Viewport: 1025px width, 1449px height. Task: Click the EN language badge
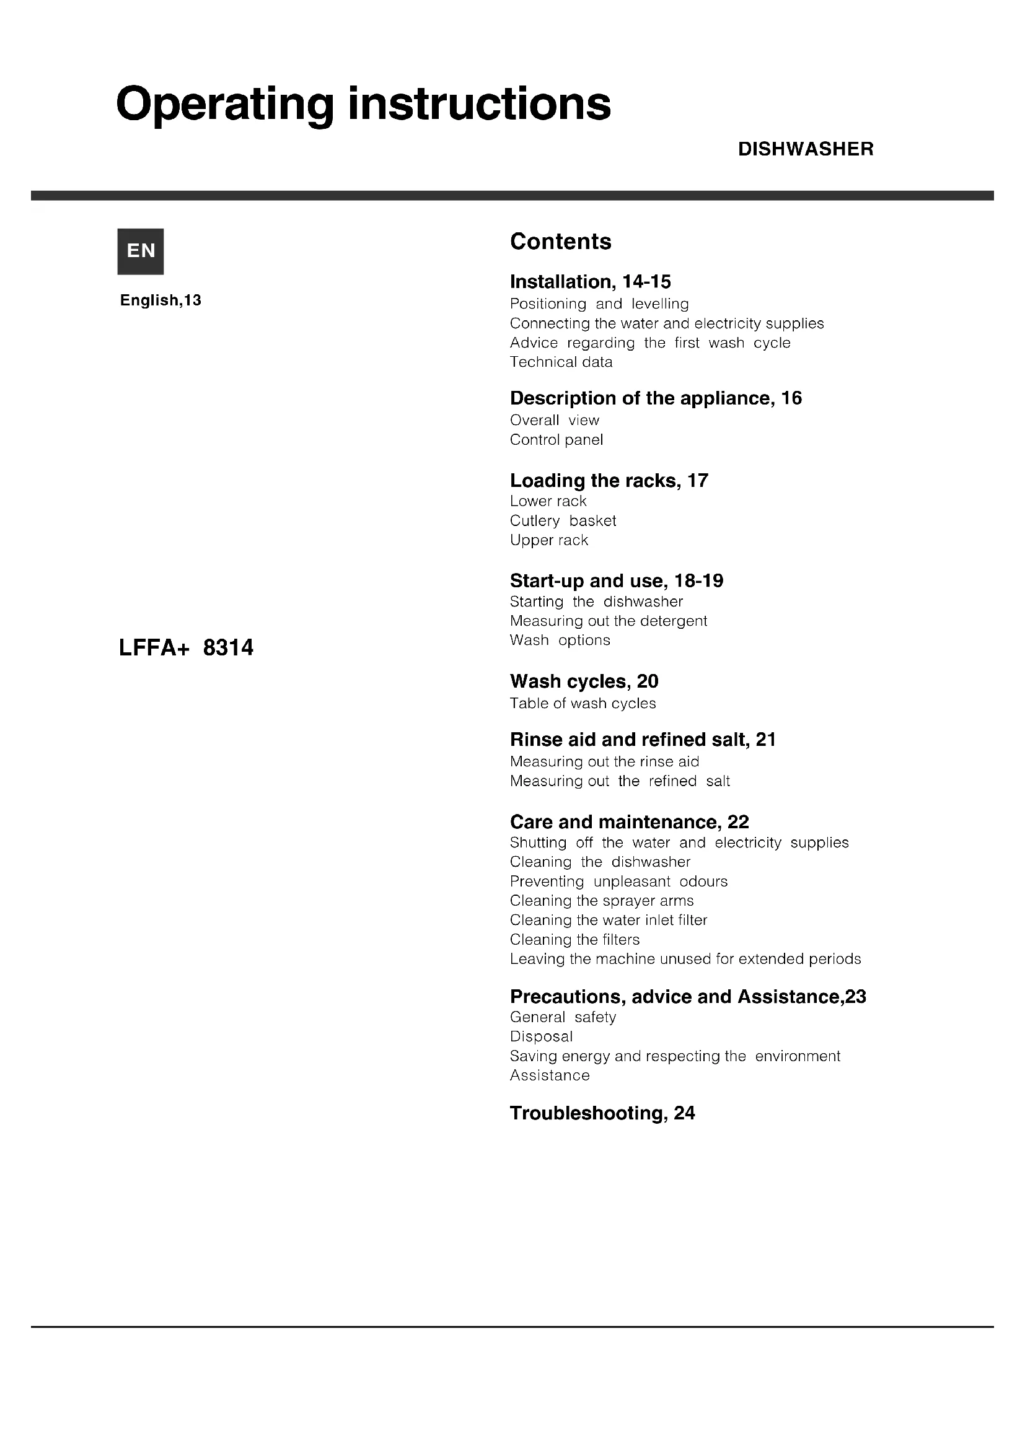click(x=140, y=251)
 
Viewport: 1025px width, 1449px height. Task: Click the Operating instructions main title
click(x=364, y=104)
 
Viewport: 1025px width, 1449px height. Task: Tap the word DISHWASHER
click(x=806, y=149)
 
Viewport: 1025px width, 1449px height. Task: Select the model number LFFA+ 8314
click(x=186, y=647)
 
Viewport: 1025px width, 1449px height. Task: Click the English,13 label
click(x=161, y=300)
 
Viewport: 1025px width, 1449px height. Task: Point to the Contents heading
click(x=560, y=242)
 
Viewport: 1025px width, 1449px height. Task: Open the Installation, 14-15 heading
click(x=590, y=281)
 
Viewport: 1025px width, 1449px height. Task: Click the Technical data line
click(x=561, y=362)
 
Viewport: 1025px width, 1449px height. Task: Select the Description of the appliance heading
click(x=656, y=398)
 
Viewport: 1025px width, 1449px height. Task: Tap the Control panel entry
click(x=556, y=439)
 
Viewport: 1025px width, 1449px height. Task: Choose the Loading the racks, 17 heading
click(x=609, y=480)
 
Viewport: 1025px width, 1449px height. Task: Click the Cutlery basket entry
click(x=562, y=520)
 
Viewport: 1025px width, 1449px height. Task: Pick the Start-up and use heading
click(x=617, y=580)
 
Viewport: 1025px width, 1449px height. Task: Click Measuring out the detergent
click(x=609, y=620)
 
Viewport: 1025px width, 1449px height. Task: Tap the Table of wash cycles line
click(x=583, y=703)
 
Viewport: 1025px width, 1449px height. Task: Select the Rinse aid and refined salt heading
click(x=643, y=739)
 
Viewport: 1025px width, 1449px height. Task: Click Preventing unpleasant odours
click(x=618, y=881)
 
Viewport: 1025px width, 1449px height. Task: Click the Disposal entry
click(x=542, y=1036)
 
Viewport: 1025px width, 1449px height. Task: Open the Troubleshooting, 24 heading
click(x=602, y=1113)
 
